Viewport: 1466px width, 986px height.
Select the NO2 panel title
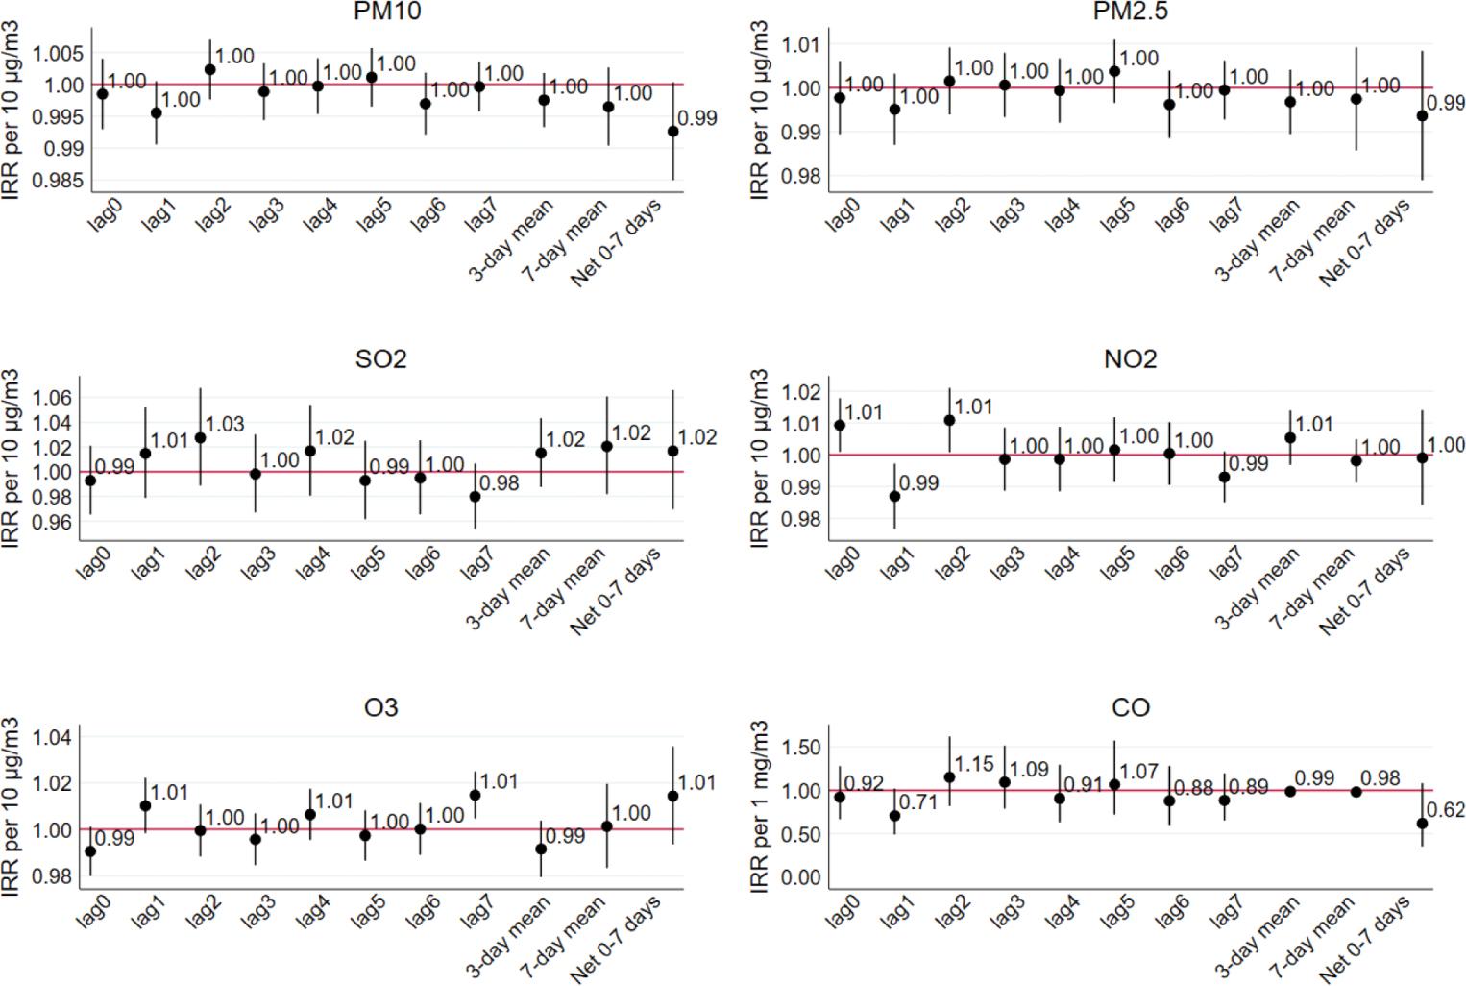(1130, 359)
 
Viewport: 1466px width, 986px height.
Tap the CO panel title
(1130, 708)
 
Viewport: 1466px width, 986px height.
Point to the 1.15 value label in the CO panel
(974, 765)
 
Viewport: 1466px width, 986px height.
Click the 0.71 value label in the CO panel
(918, 801)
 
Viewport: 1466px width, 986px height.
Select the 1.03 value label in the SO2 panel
(225, 424)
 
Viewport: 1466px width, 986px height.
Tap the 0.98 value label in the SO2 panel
(499, 483)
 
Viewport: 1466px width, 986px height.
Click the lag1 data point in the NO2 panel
(894, 496)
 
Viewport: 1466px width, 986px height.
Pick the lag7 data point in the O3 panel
(475, 795)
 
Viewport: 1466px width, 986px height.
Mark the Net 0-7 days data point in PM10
(673, 132)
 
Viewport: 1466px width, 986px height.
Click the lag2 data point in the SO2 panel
(200, 437)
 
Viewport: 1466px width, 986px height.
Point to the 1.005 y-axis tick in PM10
(58, 54)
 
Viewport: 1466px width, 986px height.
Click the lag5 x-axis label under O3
(371, 911)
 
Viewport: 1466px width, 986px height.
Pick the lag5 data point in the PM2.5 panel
(1114, 71)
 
